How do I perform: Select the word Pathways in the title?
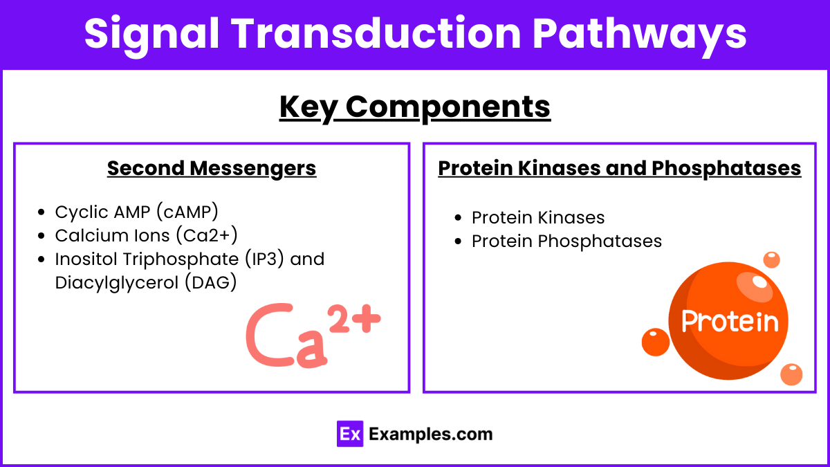(x=650, y=33)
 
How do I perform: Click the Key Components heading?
(x=415, y=107)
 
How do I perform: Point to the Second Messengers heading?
(x=212, y=168)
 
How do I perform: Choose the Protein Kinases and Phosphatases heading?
(x=620, y=168)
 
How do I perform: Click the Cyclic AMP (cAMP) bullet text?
(x=136, y=212)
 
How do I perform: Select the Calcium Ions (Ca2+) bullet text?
(x=146, y=235)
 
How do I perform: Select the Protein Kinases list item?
(x=537, y=218)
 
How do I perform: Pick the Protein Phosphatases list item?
(x=566, y=241)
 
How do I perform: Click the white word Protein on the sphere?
(x=730, y=322)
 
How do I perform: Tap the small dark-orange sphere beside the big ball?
(x=655, y=342)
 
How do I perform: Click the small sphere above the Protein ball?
(x=771, y=260)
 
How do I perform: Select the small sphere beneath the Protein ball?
(x=791, y=374)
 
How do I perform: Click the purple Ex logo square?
(x=350, y=434)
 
